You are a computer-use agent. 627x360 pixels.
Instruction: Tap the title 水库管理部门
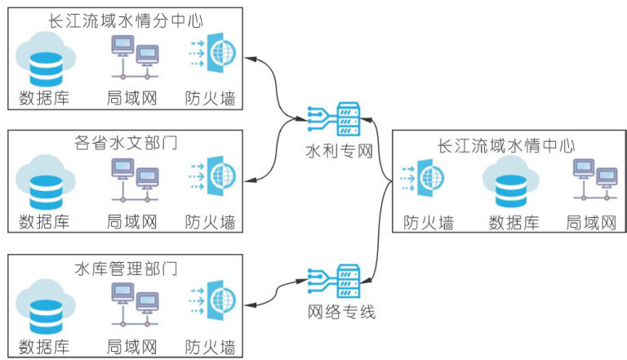[x=126, y=269]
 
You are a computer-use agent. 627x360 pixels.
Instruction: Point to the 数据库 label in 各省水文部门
[x=45, y=221]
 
